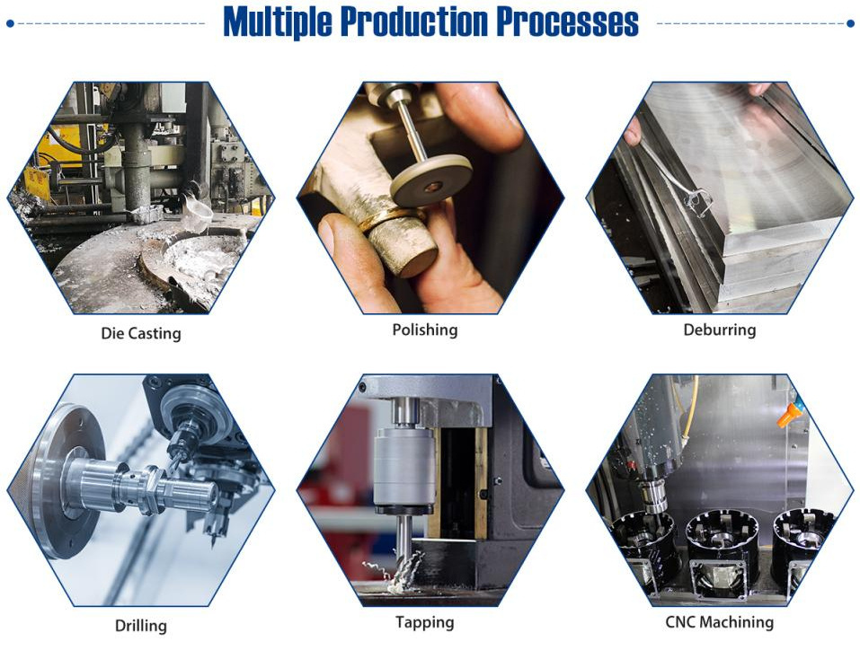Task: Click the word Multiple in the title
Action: point(278,22)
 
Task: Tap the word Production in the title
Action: point(414,22)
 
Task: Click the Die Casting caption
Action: point(141,333)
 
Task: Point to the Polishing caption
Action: point(425,330)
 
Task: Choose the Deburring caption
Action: point(720,330)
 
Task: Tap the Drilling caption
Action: point(141,626)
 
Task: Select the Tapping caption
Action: point(425,622)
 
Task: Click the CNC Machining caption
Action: point(720,622)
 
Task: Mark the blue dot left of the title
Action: point(11,23)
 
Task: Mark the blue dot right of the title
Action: point(851,23)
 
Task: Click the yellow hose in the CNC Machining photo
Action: point(690,417)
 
